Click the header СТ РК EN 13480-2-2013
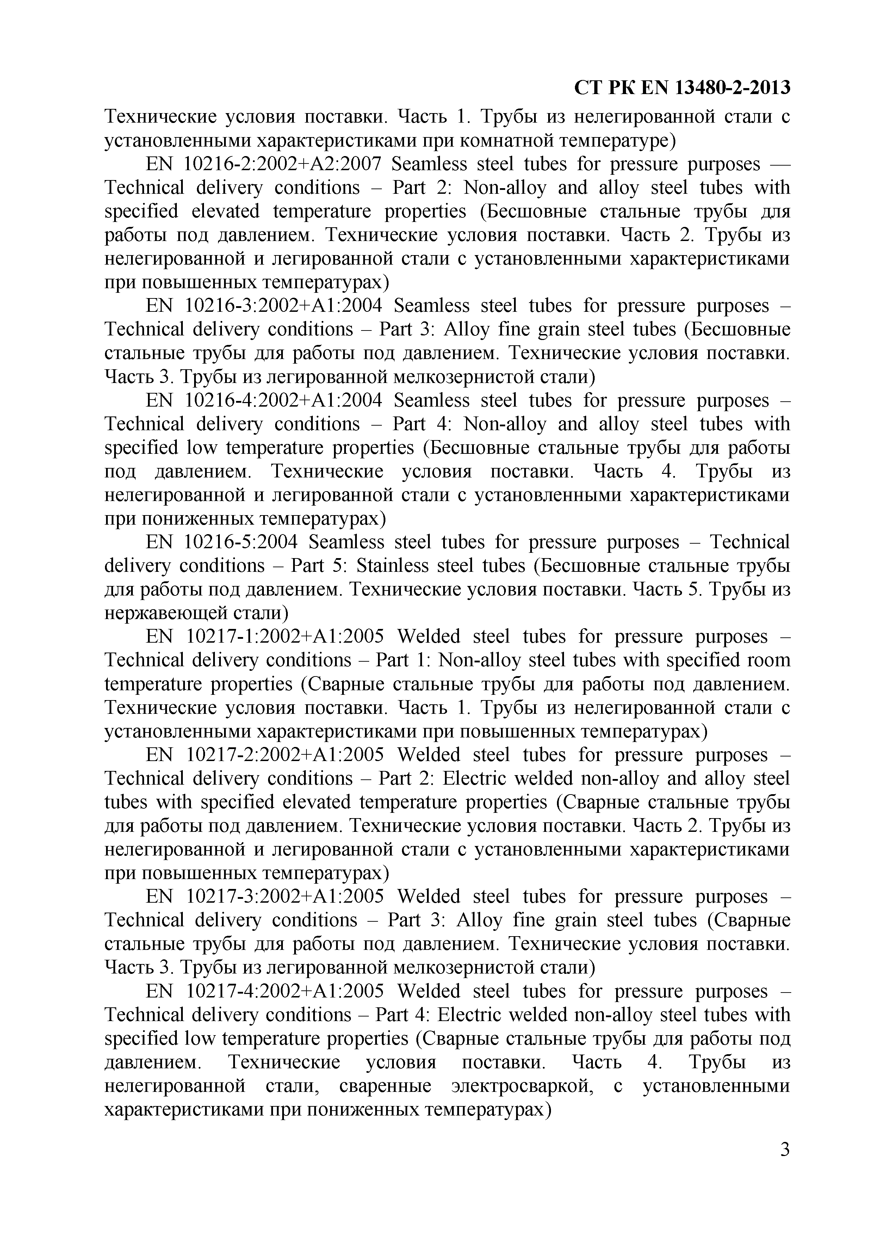[x=682, y=87]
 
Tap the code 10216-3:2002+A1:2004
[x=284, y=306]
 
